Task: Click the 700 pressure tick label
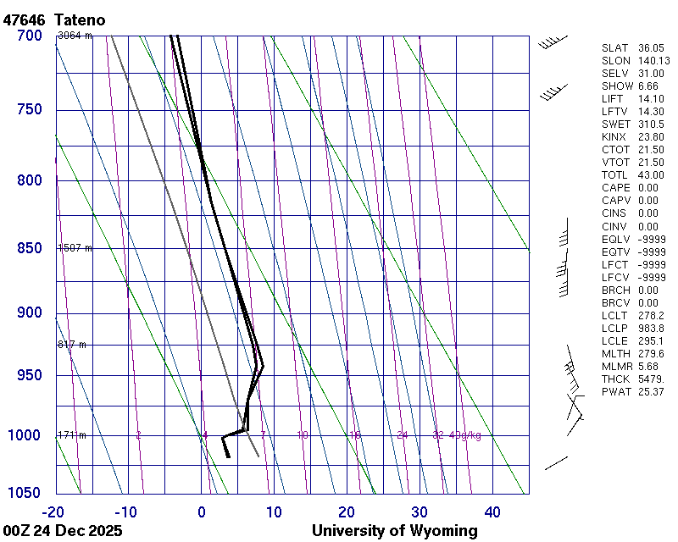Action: pos(29,36)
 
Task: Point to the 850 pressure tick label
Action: pos(29,248)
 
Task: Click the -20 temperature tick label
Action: pos(53,512)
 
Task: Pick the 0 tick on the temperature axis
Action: pos(202,512)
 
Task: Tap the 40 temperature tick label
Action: pos(492,512)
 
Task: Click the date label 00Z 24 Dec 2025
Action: pos(63,531)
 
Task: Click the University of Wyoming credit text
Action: pos(394,531)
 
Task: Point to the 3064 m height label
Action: pos(74,36)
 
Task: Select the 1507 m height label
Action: pos(74,248)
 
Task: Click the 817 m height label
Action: pos(71,345)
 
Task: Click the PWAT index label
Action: pos(616,391)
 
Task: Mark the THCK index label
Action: pos(616,379)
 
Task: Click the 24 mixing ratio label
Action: pos(403,435)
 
